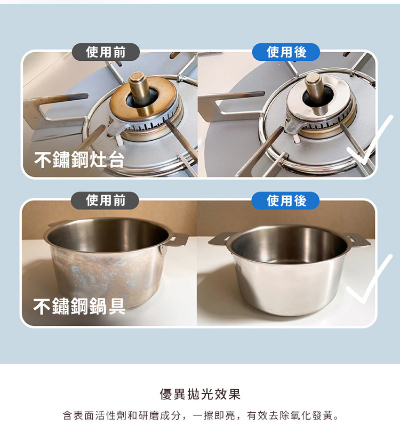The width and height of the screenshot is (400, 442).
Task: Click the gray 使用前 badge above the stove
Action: tap(106, 52)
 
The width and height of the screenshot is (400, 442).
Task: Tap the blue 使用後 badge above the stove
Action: tap(286, 52)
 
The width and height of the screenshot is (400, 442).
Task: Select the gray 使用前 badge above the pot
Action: tap(105, 200)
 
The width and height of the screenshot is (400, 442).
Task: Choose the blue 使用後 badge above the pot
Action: tap(285, 200)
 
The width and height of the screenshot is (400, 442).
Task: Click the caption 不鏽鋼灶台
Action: tap(79, 159)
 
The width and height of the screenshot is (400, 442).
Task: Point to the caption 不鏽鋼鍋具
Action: tap(79, 306)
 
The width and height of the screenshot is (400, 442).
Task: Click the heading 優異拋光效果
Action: tap(200, 394)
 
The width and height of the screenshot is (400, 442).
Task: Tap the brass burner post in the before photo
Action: tap(140, 93)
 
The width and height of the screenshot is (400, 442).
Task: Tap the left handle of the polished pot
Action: tap(219, 239)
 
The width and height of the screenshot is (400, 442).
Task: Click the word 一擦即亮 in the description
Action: tap(214, 416)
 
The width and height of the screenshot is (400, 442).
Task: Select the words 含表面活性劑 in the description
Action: tap(95, 416)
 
